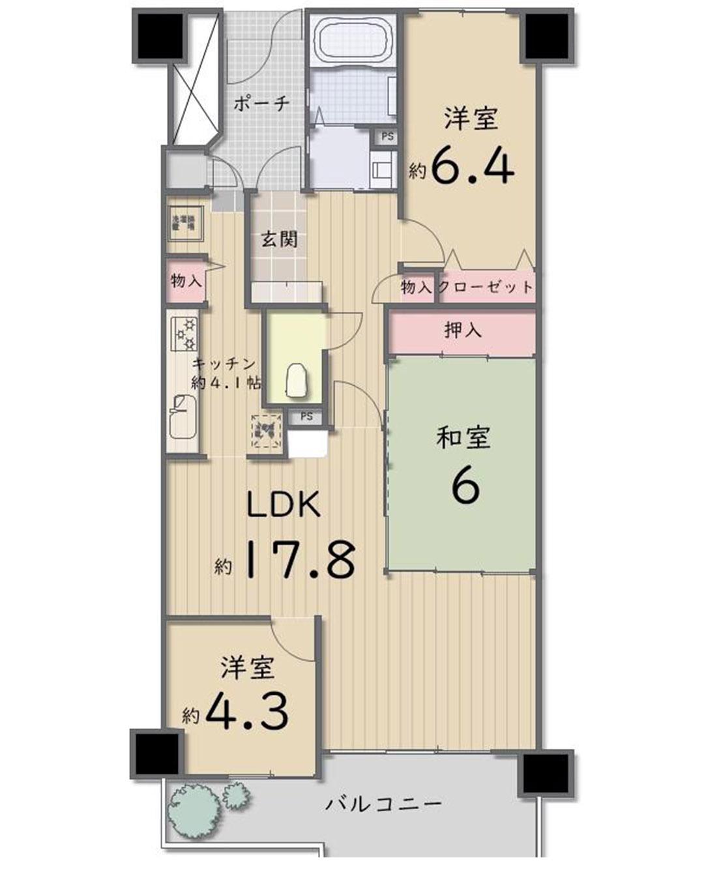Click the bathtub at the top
point(353,40)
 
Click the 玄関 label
point(280,240)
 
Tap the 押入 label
point(463,330)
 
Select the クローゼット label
point(486,287)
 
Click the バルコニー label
point(384,803)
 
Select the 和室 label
point(463,438)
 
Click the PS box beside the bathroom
point(387,137)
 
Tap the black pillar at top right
point(548,35)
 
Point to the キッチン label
point(223,365)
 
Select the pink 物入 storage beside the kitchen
point(185,282)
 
